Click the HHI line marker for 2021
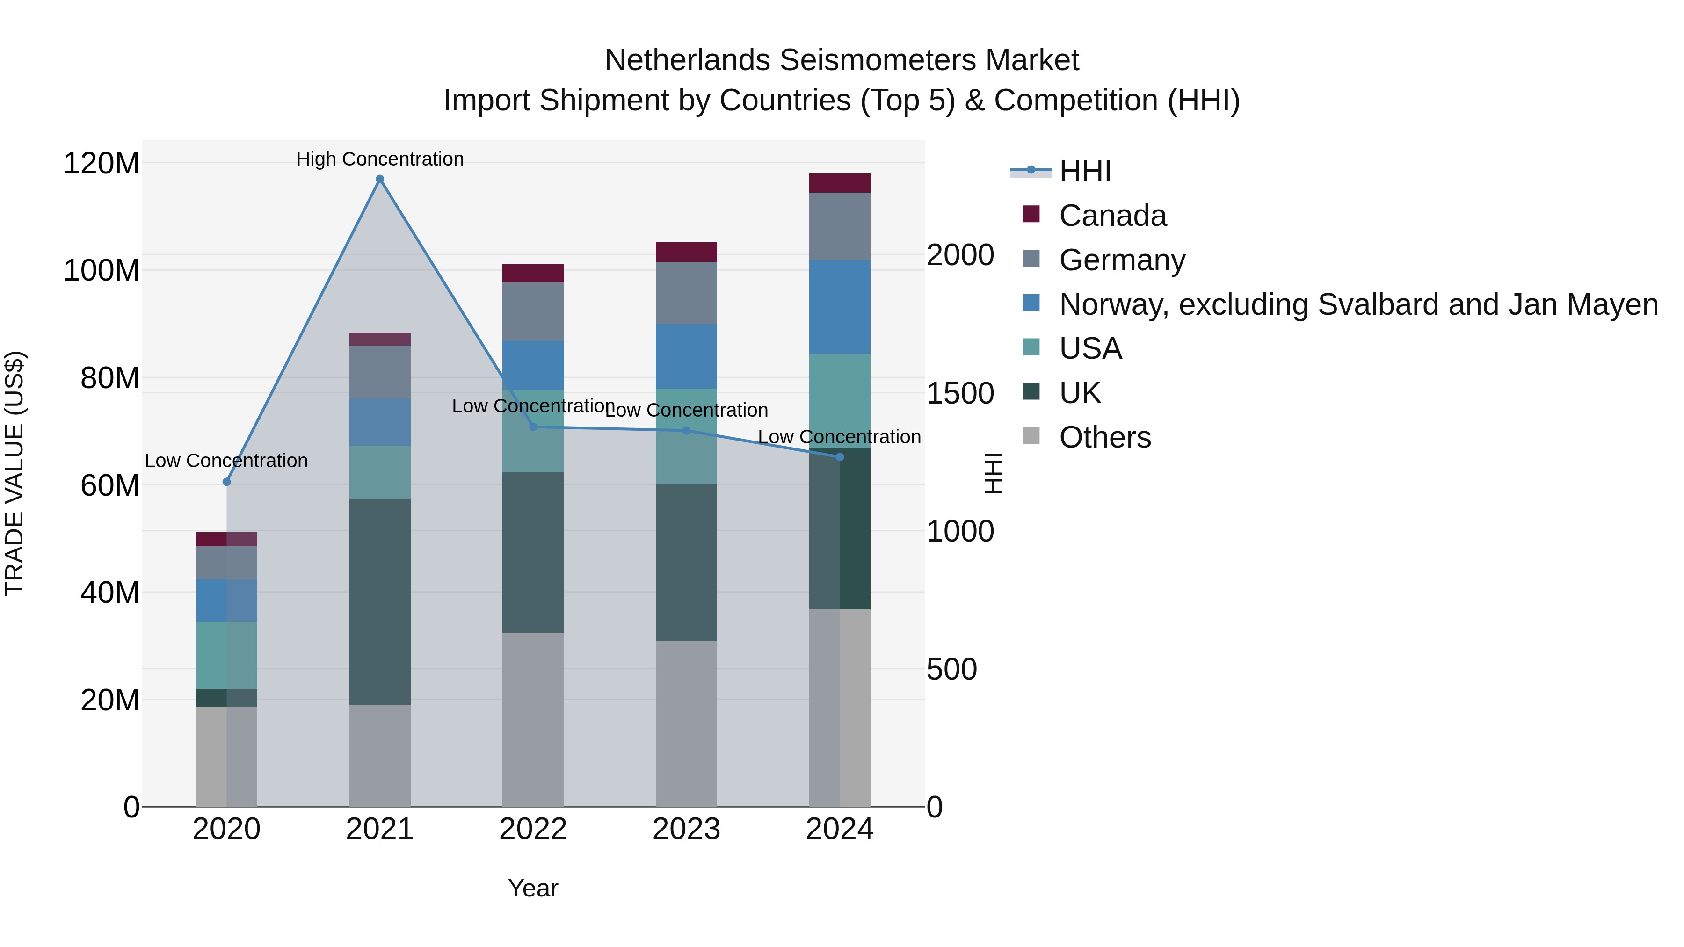380,179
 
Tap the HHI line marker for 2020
227,482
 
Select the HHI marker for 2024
840,457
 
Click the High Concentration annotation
380,159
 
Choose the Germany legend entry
1122,260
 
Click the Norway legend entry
1358,304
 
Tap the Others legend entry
1105,437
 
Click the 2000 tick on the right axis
960,255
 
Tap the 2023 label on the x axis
686,829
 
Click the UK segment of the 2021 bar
380,601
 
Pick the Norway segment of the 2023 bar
686,356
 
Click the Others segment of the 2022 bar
533,719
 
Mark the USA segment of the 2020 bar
226,655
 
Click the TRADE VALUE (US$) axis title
15,473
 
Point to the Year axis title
533,888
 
